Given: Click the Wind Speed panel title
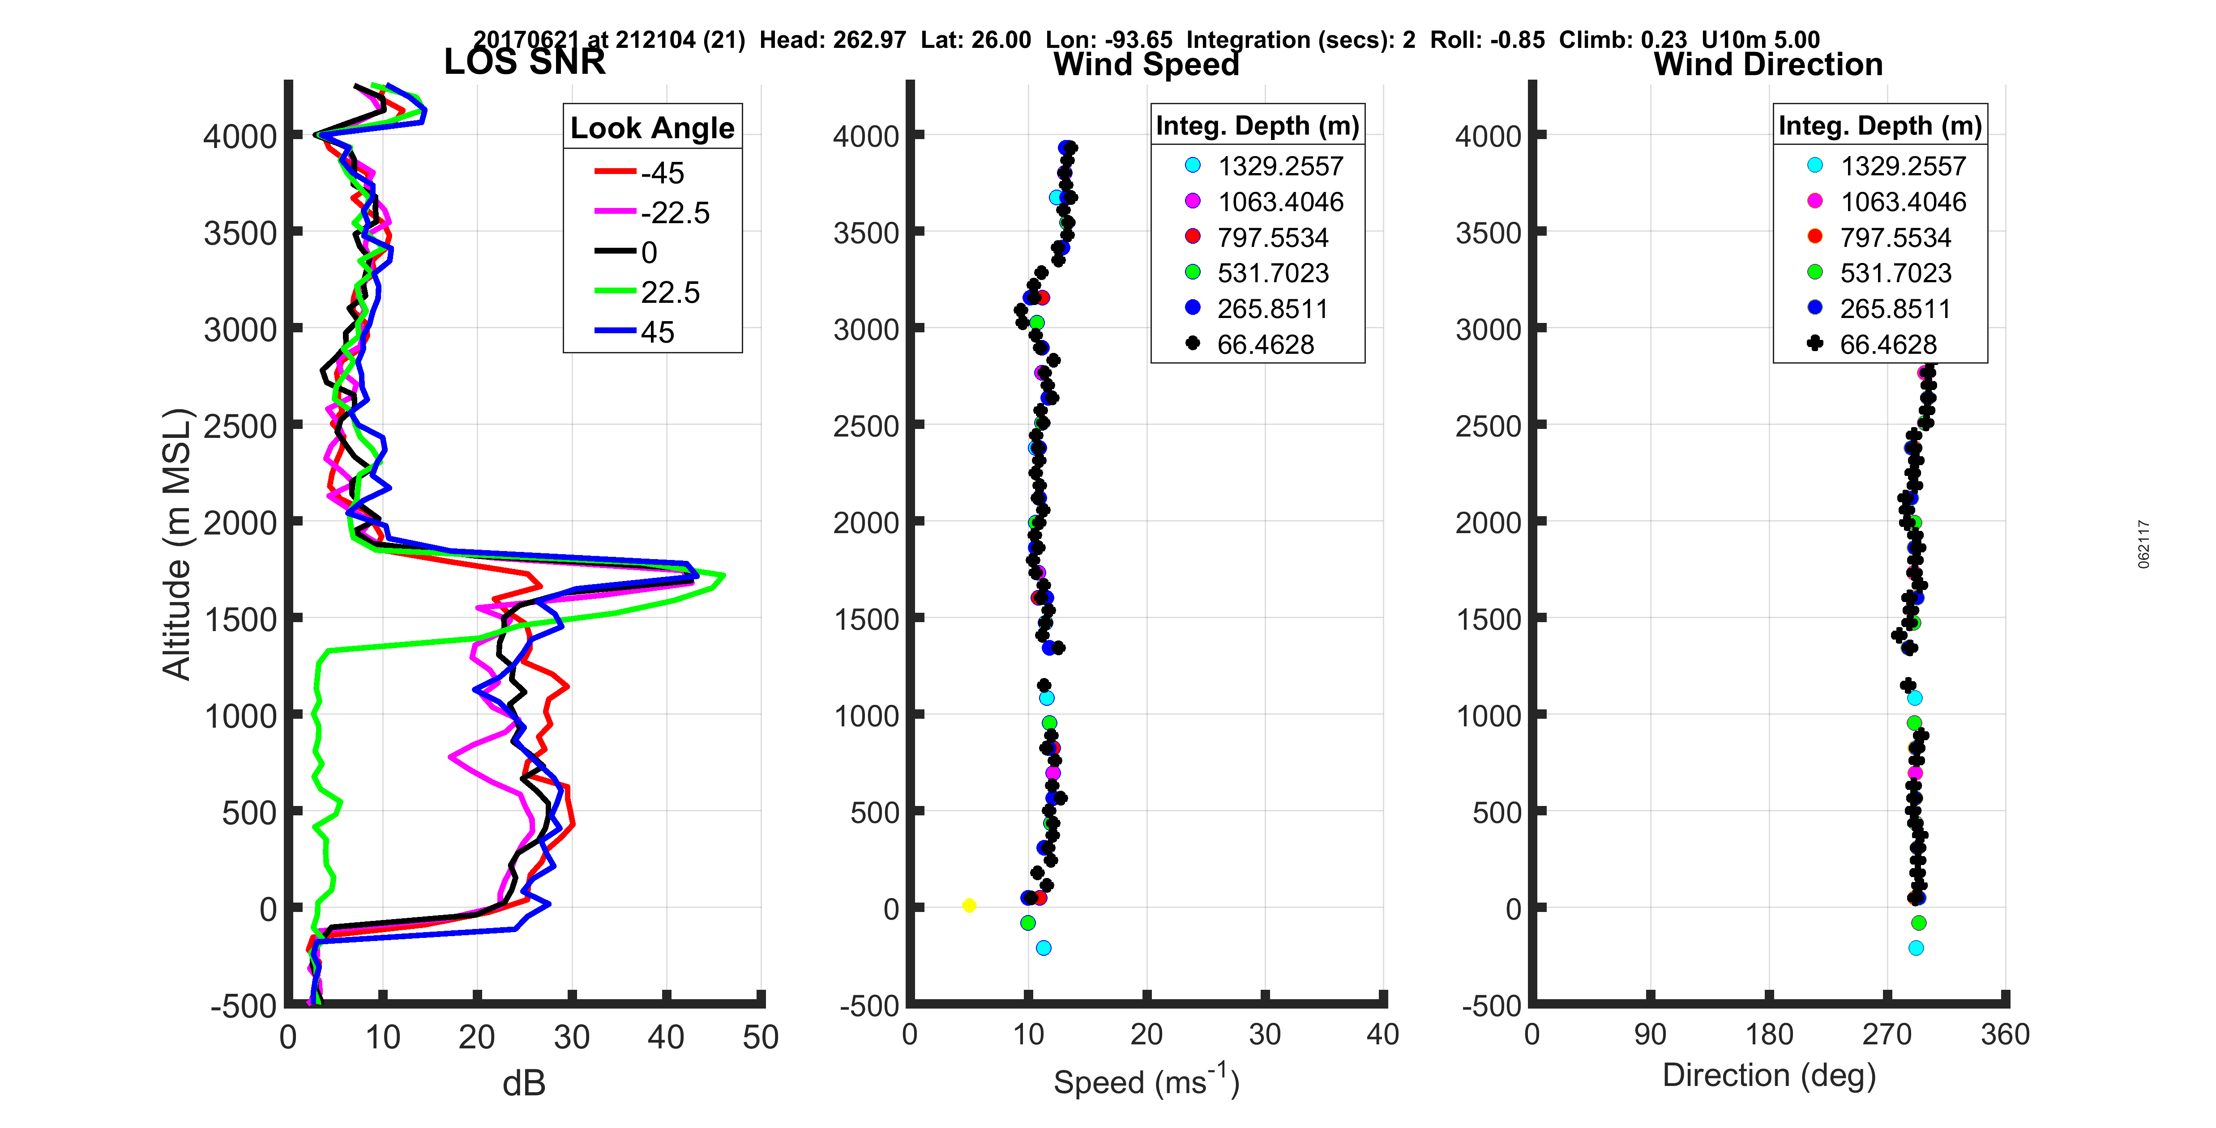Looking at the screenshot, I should pyautogui.click(x=1146, y=64).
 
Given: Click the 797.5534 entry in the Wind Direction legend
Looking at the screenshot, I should pyautogui.click(x=1895, y=237).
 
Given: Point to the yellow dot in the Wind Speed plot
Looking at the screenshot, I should pyautogui.click(x=969, y=905).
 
